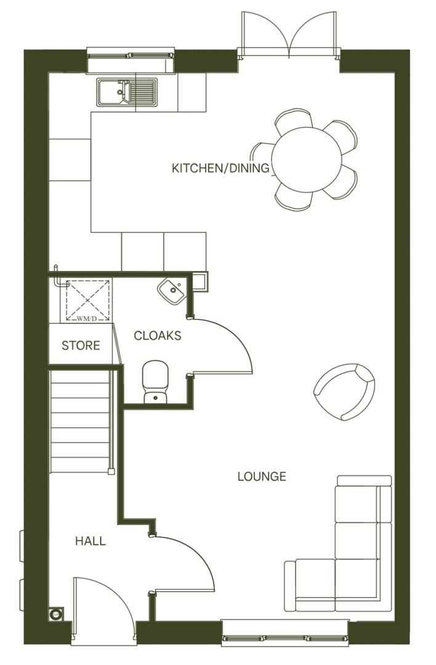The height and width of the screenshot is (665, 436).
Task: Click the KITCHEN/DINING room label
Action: pyautogui.click(x=221, y=168)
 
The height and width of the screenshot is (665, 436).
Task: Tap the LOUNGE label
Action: pyautogui.click(x=262, y=476)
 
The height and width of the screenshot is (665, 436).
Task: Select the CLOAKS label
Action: pyautogui.click(x=158, y=336)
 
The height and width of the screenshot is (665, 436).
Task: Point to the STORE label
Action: pyautogui.click(x=81, y=345)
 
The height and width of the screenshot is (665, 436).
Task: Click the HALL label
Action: pyautogui.click(x=90, y=541)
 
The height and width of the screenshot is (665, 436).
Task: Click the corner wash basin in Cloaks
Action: pyautogui.click(x=171, y=289)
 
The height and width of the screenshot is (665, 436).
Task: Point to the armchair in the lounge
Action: pyautogui.click(x=345, y=391)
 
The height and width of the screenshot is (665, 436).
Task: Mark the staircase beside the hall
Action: pyautogui.click(x=80, y=419)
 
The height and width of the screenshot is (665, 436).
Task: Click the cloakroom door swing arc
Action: pyautogui.click(x=228, y=345)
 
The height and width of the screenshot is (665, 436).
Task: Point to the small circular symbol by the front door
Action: pyautogui.click(x=55, y=614)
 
